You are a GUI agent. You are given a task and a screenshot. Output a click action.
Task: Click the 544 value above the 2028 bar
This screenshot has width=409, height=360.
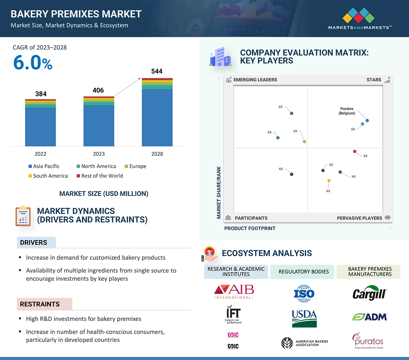(x=157, y=71)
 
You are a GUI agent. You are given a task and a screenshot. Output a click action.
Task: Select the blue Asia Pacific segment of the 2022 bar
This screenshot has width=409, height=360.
(x=41, y=126)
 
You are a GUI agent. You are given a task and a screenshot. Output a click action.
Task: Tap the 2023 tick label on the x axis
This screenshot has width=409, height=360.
(x=99, y=154)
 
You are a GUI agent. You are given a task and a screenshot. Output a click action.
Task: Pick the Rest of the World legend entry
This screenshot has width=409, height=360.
(x=100, y=176)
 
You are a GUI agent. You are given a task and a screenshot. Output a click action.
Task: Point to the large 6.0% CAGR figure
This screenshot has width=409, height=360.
(x=33, y=63)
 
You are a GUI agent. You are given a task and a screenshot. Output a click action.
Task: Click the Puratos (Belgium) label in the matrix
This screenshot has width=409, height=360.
(x=347, y=111)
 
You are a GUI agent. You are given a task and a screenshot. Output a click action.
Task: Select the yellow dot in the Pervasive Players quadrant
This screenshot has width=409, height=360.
(x=329, y=181)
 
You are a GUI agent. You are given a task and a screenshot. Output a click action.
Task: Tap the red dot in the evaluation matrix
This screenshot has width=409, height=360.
(x=354, y=151)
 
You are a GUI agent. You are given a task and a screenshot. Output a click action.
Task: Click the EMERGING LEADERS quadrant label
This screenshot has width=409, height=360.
(x=255, y=80)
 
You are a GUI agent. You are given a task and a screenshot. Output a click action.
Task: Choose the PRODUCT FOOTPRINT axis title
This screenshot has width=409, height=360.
(x=250, y=228)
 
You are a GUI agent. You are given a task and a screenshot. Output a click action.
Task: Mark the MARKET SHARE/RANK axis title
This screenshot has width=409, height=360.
(x=219, y=192)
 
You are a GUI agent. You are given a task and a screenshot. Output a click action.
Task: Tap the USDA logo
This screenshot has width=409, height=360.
(x=304, y=318)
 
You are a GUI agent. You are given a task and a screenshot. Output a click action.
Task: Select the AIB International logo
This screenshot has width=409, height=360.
(x=234, y=292)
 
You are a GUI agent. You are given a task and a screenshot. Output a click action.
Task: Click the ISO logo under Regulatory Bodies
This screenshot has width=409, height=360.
(x=304, y=294)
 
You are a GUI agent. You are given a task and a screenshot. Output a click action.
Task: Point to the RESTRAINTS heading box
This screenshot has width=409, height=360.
(x=44, y=304)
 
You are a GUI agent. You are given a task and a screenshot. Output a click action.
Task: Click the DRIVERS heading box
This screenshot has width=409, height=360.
(x=36, y=242)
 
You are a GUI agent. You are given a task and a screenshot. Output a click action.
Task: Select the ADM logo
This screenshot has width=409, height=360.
(x=369, y=317)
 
